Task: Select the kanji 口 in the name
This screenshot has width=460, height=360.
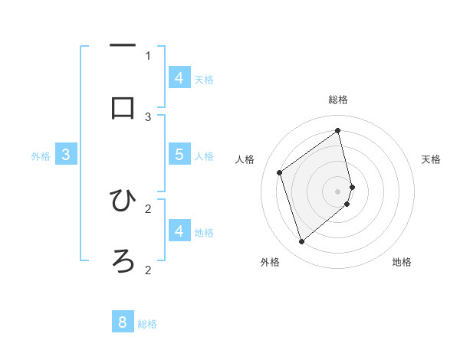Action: click(x=123, y=108)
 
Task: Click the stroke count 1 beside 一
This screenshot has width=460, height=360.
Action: click(x=148, y=55)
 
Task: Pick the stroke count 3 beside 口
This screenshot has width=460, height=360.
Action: click(x=148, y=116)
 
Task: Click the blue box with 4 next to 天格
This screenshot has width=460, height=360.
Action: click(x=179, y=77)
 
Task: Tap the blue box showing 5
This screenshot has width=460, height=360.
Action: click(x=179, y=154)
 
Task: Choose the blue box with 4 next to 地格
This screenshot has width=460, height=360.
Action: click(x=179, y=230)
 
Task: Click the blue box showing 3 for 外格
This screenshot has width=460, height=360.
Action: click(x=66, y=154)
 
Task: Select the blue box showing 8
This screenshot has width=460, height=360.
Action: click(x=123, y=322)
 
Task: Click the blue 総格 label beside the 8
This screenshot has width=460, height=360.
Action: click(x=147, y=324)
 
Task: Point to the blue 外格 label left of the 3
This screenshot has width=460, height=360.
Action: click(x=41, y=156)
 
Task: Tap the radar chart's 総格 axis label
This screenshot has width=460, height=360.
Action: click(x=338, y=100)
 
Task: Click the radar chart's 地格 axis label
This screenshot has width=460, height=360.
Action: click(x=402, y=262)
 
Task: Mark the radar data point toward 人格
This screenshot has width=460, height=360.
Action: click(x=279, y=172)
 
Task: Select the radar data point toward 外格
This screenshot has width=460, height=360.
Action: click(x=301, y=242)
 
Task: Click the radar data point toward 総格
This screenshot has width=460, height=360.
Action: click(x=338, y=130)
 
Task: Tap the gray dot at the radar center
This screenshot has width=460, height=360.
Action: click(x=338, y=191)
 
